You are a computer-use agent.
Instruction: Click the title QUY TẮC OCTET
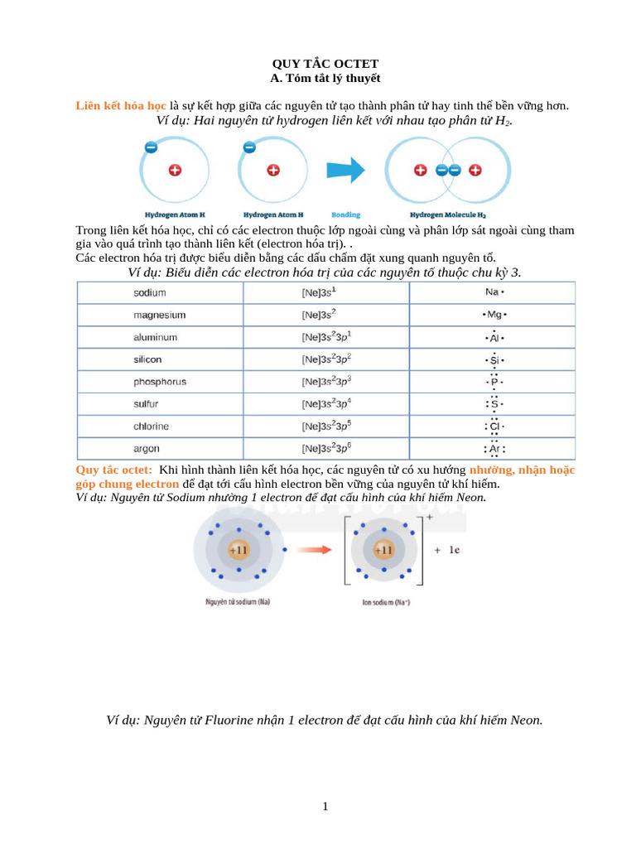[x=325, y=64]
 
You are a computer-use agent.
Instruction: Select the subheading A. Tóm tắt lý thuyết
[x=325, y=78]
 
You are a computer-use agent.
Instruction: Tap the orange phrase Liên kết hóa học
[x=121, y=106]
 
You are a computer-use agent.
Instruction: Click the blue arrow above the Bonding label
[x=345, y=171]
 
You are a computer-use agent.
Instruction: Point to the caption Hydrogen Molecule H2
[x=447, y=214]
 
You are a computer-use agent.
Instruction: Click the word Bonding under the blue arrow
[x=345, y=214]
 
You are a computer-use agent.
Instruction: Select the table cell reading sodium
[x=150, y=293]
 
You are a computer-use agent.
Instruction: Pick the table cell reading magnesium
[x=159, y=316]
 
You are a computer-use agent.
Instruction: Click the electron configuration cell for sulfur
[x=326, y=404]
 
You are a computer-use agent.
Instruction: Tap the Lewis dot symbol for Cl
[x=494, y=426]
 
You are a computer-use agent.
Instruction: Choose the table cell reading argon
[x=147, y=449]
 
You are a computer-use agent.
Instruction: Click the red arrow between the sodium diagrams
[x=315, y=549]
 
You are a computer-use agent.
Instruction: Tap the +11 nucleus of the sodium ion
[x=383, y=550]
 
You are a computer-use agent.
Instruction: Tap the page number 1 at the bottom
[x=325, y=806]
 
